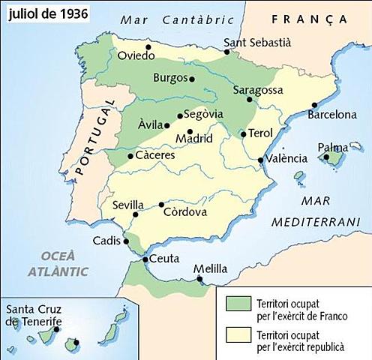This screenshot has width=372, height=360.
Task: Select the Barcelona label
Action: (x=331, y=115)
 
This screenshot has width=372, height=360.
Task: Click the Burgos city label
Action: (x=169, y=77)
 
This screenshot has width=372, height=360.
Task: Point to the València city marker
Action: (x=260, y=160)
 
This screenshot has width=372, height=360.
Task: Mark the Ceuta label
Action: (x=164, y=259)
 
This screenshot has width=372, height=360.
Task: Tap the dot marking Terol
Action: (x=243, y=135)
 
